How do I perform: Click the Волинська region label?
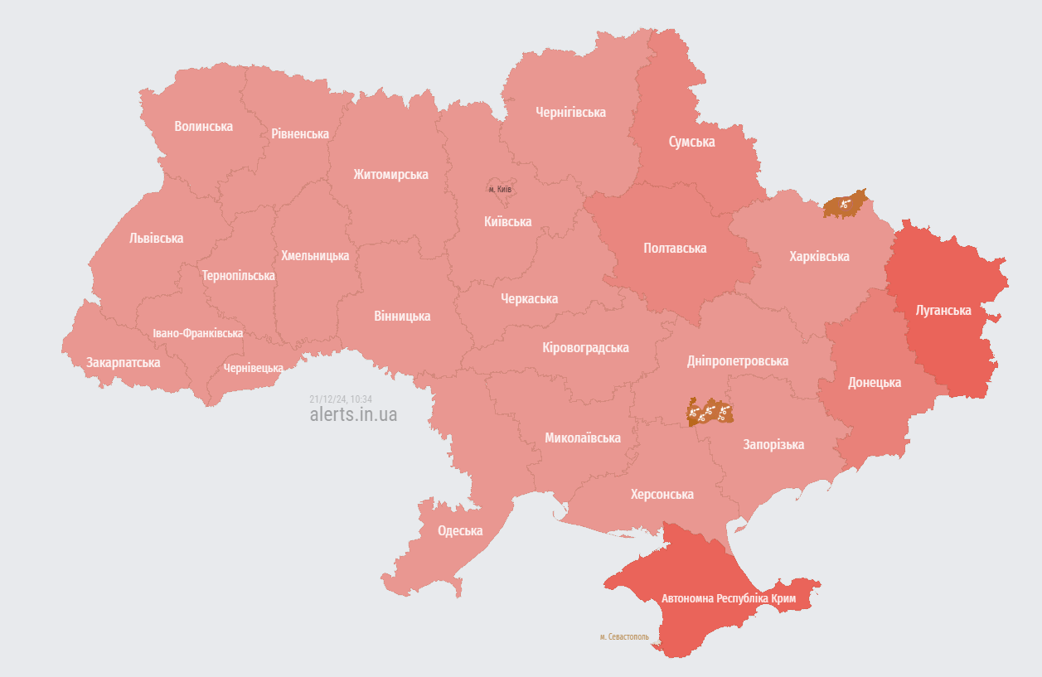[x=203, y=126]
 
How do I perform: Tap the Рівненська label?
[x=300, y=133]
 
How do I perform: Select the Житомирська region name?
[x=390, y=174]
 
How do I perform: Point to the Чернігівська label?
[x=570, y=112]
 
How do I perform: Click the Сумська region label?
[x=691, y=142]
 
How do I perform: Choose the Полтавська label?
[x=675, y=248]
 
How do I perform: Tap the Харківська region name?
[x=819, y=256]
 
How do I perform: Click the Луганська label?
[x=943, y=310]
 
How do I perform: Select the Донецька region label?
[x=875, y=382]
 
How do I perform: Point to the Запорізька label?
[x=773, y=444]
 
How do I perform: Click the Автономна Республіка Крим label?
[x=729, y=598]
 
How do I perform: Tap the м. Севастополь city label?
[x=624, y=637]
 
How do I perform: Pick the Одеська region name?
[x=460, y=531]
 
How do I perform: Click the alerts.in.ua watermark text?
[x=353, y=414]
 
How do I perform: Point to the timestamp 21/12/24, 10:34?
[x=341, y=399]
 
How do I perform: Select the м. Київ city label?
[x=500, y=190]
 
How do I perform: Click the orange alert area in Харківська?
[x=845, y=203]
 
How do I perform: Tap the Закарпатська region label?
[x=124, y=362]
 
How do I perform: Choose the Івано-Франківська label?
[x=198, y=333]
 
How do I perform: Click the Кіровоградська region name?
[x=585, y=347]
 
